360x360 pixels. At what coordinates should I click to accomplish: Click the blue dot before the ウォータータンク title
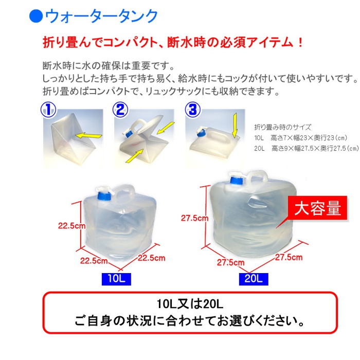pyautogui.click(x=36, y=16)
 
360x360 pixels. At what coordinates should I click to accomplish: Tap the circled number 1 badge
pyautogui.click(x=48, y=110)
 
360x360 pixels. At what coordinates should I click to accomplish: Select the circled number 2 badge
pyautogui.click(x=120, y=110)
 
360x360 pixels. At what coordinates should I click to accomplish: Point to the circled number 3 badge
pyautogui.click(x=193, y=110)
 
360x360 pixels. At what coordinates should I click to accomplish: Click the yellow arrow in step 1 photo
pyautogui.click(x=88, y=135)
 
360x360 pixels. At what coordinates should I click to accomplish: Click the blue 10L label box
pyautogui.click(x=116, y=279)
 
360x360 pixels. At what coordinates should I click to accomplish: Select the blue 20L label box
pyautogui.click(x=254, y=279)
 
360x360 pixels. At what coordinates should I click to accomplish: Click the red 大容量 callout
pyautogui.click(x=317, y=208)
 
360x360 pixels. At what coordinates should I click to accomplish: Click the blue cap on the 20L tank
pyautogui.click(x=237, y=181)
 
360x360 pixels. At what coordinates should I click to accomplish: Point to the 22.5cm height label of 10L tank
pyautogui.click(x=71, y=226)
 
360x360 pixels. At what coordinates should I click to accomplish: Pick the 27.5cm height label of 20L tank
pyautogui.click(x=195, y=218)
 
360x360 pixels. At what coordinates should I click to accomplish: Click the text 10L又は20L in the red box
pyautogui.click(x=190, y=304)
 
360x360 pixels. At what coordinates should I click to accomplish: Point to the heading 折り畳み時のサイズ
pyautogui.click(x=282, y=127)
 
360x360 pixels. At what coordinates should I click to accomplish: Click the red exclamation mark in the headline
pyautogui.click(x=300, y=43)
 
